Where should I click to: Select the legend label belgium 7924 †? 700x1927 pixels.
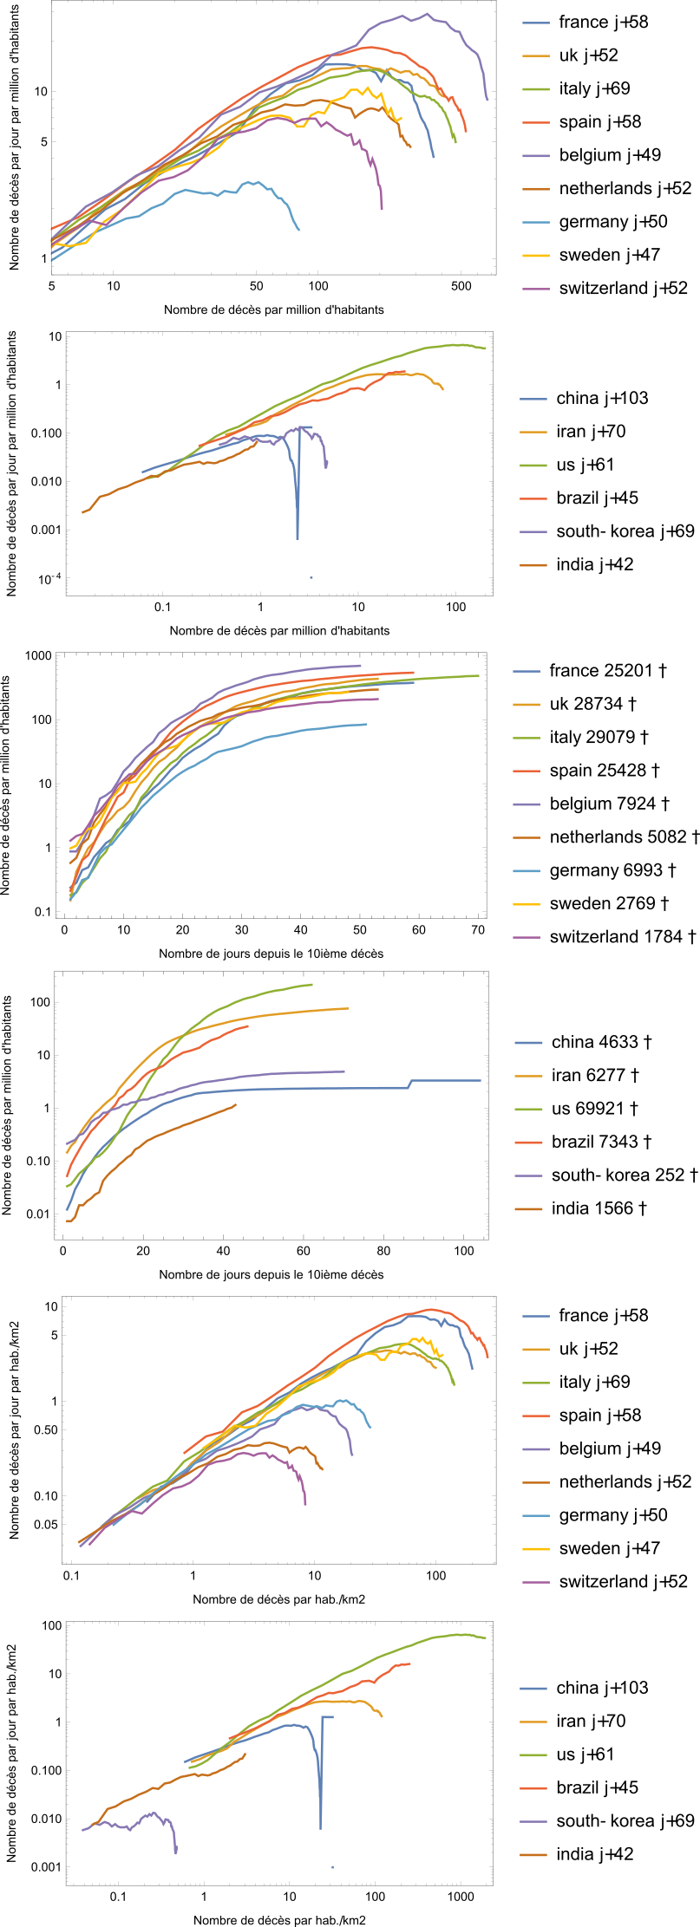pyautogui.click(x=609, y=804)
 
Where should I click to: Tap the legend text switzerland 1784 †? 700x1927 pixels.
pyautogui.click(x=622, y=937)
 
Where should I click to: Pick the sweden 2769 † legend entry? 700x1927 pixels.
pyautogui.click(x=609, y=903)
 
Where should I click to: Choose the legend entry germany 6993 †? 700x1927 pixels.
pyautogui.click(x=612, y=870)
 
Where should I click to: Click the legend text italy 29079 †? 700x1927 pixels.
pyautogui.click(x=599, y=737)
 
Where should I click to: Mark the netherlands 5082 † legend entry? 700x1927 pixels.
pyautogui.click(x=624, y=837)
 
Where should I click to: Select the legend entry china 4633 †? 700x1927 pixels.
pyautogui.click(x=601, y=1042)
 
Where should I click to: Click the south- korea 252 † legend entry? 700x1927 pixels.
pyautogui.click(x=624, y=1175)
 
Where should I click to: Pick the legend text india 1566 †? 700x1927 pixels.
pyautogui.click(x=599, y=1208)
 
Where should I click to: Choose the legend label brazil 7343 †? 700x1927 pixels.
pyautogui.click(x=601, y=1142)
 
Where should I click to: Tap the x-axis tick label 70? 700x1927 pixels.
pyautogui.click(x=478, y=930)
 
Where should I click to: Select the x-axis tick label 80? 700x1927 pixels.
pyautogui.click(x=383, y=1251)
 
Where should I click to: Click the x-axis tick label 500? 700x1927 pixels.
pyautogui.click(x=461, y=286)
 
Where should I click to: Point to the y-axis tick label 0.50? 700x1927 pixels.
pyautogui.click(x=46, y=1429)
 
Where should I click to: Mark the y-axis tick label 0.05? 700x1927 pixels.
pyautogui.click(x=46, y=1524)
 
